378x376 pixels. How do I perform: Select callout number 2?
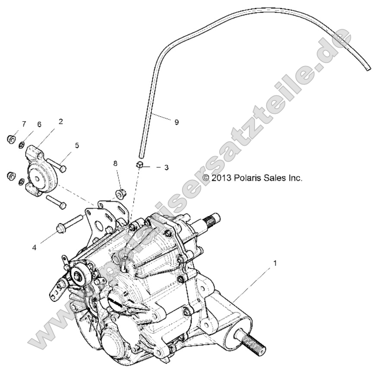tap(60, 122)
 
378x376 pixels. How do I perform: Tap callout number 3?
tap(166, 167)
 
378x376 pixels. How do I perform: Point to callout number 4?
tap(46, 247)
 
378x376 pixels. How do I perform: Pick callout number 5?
tap(77, 146)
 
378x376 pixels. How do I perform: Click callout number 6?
tap(39, 124)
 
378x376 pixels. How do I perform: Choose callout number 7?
tap(24, 124)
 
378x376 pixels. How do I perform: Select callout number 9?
tap(176, 122)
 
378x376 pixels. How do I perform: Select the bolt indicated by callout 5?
tap(56, 165)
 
